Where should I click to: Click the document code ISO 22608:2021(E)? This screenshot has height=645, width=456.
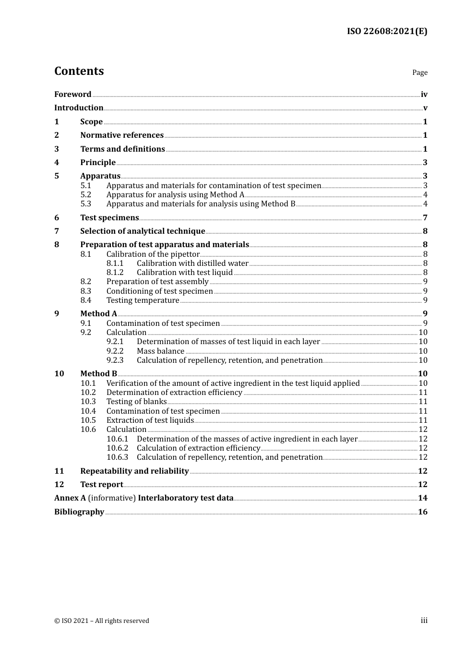pos(387,32)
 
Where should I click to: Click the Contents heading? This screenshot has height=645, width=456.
pos(79,71)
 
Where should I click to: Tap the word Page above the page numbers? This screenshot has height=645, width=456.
pos(420,72)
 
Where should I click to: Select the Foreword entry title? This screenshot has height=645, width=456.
pos(72,95)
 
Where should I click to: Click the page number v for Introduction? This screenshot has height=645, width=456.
pos(425,108)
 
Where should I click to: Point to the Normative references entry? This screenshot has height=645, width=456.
pos(121,135)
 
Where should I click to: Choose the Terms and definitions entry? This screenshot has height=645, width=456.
pos(122,149)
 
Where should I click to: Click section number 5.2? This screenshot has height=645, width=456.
pos(85,195)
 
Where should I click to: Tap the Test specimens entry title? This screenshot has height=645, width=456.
pos(109,218)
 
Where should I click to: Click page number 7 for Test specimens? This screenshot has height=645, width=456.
pos(425,218)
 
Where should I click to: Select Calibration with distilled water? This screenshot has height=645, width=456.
pos(192,263)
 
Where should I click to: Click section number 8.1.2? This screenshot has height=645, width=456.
pos(115,273)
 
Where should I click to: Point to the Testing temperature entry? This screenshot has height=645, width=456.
pos(143,300)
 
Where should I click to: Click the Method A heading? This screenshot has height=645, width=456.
pos(98,314)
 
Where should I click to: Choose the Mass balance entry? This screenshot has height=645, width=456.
pos(160,351)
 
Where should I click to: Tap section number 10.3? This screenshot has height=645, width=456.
pos(88,402)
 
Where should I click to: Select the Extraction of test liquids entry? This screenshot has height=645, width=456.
pos(150,420)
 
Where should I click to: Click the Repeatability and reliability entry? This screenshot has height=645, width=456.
pos(134,471)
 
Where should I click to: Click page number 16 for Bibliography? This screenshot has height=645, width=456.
pos(422,512)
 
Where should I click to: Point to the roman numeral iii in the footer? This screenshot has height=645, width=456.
pos(424,621)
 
